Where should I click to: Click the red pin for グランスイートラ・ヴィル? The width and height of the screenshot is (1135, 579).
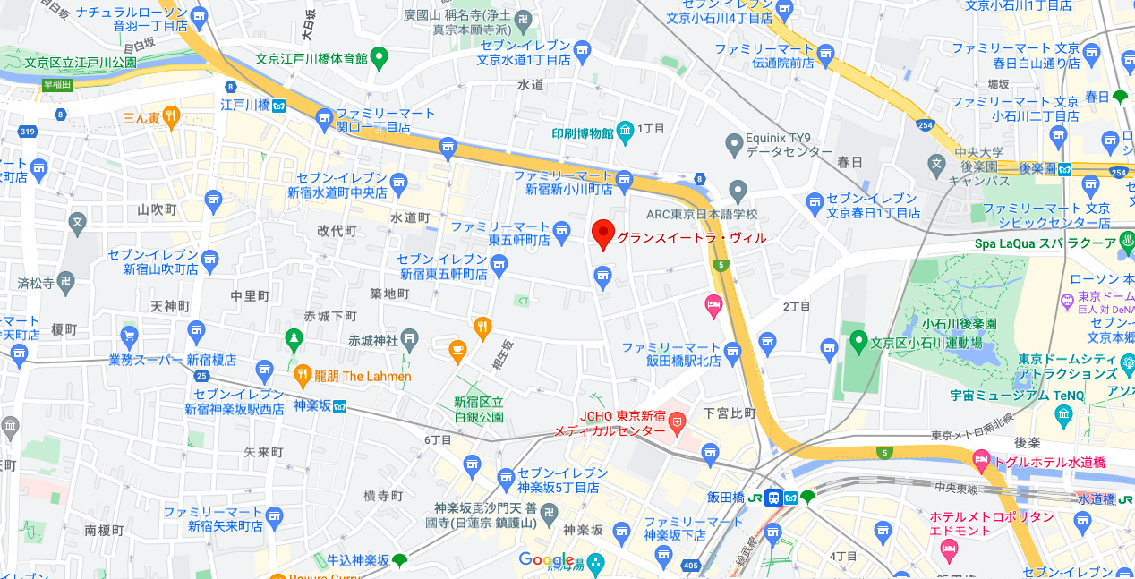click(603, 234)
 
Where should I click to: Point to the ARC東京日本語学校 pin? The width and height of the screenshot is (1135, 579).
click(738, 191)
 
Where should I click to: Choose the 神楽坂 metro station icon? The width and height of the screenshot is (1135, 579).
click(339, 405)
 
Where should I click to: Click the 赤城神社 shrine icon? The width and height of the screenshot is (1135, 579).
click(409, 339)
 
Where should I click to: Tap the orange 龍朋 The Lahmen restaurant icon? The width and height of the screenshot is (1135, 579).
click(303, 376)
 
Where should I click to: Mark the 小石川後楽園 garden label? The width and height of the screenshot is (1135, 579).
click(960, 323)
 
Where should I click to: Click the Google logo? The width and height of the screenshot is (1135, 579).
click(546, 560)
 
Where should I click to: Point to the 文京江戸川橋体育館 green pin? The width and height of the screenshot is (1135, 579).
click(380, 58)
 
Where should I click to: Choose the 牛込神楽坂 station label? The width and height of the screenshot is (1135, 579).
click(357, 560)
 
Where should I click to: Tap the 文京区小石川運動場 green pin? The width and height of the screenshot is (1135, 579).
click(858, 341)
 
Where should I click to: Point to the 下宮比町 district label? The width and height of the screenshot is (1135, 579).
click(730, 413)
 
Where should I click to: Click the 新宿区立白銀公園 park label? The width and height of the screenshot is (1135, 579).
click(478, 409)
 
